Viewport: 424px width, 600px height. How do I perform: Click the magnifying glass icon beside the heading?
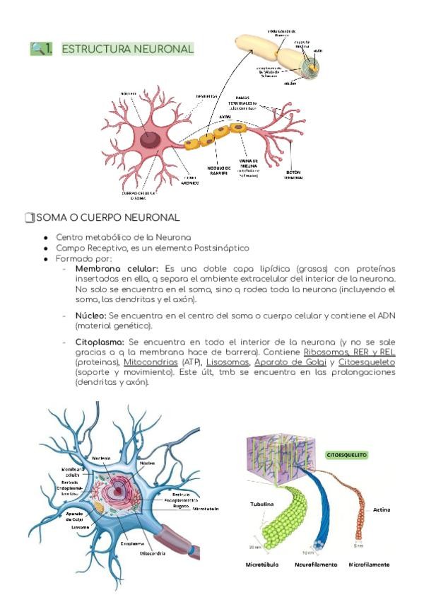tap(37, 48)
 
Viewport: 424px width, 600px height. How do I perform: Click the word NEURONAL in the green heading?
tap(163, 49)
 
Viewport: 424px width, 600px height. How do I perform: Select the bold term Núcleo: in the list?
tap(93, 313)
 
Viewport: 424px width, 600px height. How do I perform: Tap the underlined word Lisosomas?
tap(219, 362)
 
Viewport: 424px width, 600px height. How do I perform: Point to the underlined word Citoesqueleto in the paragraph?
tap(366, 362)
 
